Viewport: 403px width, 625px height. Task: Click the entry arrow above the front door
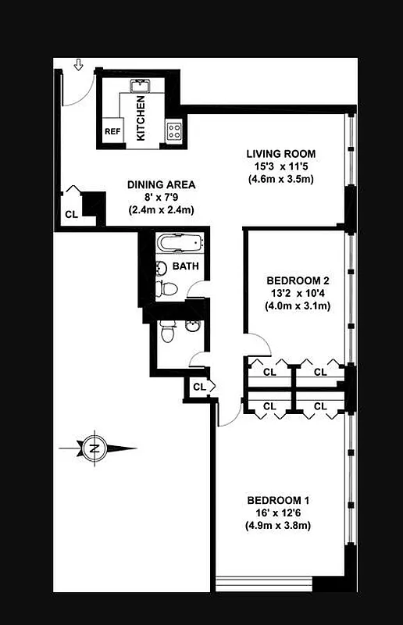(78, 66)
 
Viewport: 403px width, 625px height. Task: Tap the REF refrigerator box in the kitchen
(112, 131)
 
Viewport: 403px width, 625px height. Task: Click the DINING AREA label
(161, 185)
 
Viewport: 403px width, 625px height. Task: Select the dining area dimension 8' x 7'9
(161, 198)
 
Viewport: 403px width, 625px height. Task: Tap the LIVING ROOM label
(280, 153)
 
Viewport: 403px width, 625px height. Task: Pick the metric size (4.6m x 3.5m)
(280, 179)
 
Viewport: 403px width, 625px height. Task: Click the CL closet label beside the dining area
(71, 214)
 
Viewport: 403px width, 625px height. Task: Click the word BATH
(186, 266)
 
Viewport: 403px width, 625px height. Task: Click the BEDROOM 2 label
(297, 280)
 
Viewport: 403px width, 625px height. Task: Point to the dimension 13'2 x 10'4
(297, 293)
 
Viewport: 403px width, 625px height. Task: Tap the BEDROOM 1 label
(279, 500)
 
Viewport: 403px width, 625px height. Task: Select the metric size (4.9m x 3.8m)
(279, 525)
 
